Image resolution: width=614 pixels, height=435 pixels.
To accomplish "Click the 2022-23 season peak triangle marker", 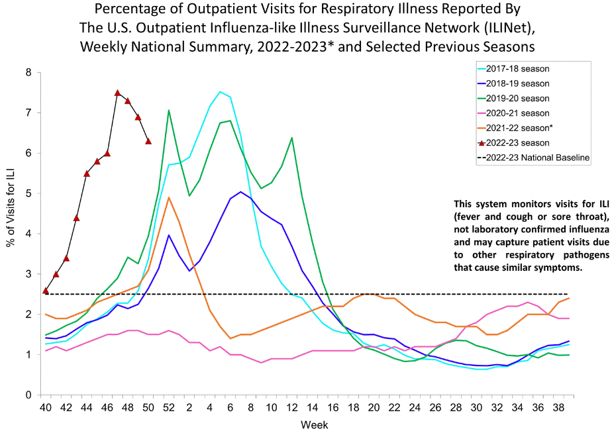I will (x=117, y=93).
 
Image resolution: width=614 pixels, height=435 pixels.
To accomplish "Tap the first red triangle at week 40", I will (x=46, y=290).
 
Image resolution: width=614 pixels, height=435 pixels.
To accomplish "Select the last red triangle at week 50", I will (x=148, y=141).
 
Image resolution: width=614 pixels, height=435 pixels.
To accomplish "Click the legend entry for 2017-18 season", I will (x=517, y=68).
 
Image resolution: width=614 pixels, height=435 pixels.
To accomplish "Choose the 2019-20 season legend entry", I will (x=517, y=98).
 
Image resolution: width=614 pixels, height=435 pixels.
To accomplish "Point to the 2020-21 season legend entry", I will (x=517, y=113).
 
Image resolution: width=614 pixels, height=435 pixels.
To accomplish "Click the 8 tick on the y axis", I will (x=28, y=72).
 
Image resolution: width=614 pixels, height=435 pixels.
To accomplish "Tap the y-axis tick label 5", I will (x=28, y=193).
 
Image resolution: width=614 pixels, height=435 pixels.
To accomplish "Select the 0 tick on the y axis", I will (x=28, y=395).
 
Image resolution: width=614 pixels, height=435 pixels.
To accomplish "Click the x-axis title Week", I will (x=314, y=424).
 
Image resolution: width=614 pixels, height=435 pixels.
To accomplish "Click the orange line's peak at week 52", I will (x=169, y=197).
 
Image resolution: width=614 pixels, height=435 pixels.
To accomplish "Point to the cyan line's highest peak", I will (x=220, y=91).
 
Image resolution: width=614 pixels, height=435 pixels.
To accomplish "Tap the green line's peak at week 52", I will (x=169, y=110).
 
